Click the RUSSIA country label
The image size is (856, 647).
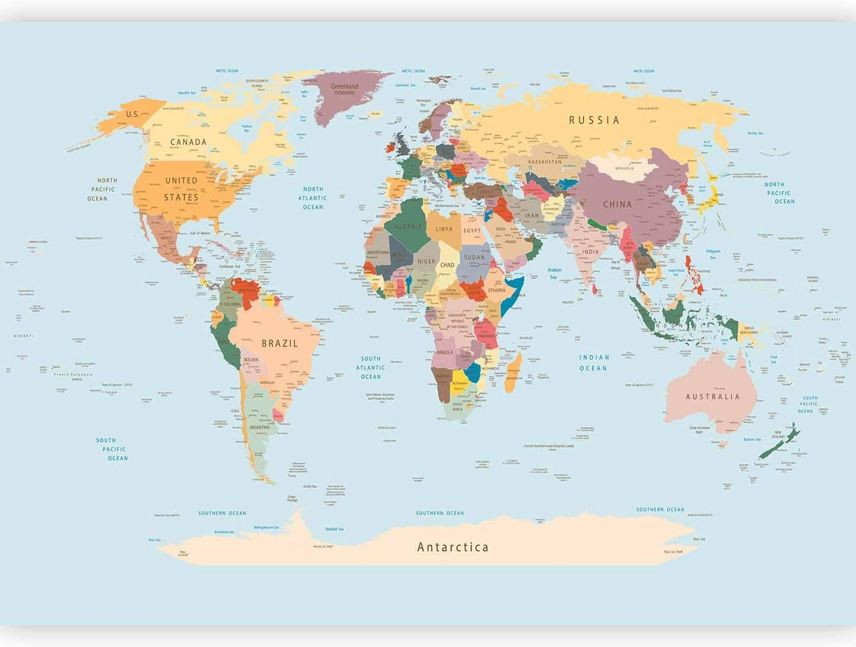[594, 120]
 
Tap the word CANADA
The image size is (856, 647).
[188, 142]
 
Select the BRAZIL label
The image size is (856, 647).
[280, 343]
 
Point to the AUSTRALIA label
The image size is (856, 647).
[713, 396]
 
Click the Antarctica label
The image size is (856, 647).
[453, 547]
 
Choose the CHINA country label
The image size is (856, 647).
[617, 204]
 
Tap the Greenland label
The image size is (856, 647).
[344, 87]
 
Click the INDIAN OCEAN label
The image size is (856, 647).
[594, 363]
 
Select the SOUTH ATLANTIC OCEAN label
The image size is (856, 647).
[371, 367]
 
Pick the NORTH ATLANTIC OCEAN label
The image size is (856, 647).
[313, 198]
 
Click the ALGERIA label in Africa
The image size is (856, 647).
[408, 227]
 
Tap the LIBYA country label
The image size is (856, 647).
[444, 229]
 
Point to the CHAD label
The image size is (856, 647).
[447, 265]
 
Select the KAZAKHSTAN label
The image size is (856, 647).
[544, 162]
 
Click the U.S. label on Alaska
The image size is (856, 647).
[132, 114]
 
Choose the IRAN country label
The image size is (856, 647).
[532, 216]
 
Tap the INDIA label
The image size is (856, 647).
[590, 252]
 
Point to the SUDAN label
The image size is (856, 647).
[474, 257]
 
